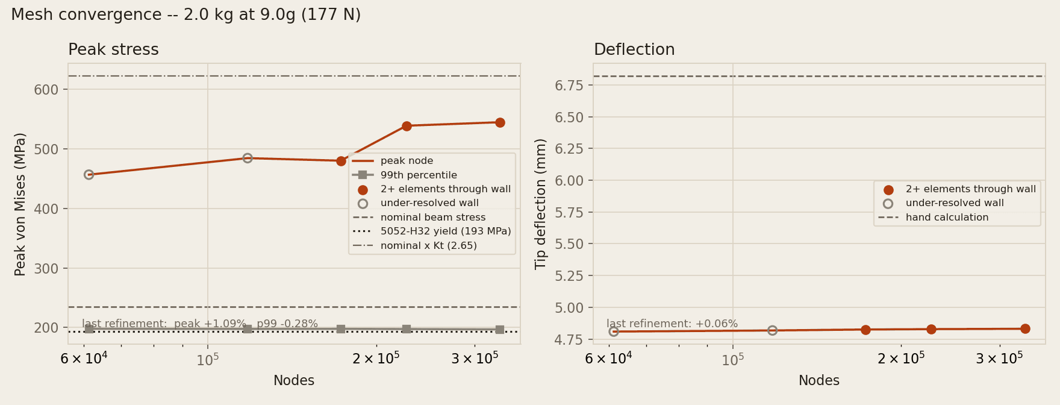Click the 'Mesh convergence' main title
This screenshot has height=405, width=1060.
tap(185, 15)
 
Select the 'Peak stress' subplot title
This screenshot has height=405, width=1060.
tap(113, 50)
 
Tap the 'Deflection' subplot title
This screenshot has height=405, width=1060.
tap(634, 50)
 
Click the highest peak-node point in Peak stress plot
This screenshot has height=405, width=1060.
tap(500, 122)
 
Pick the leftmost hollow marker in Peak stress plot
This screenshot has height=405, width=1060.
tap(89, 175)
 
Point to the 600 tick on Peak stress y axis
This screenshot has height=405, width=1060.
tap(51, 90)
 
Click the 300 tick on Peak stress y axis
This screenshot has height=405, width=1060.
tap(51, 269)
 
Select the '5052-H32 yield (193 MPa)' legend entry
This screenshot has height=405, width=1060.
tap(431, 231)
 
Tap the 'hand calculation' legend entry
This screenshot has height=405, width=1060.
tap(933, 218)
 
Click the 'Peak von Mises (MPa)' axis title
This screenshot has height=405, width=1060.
tap(20, 204)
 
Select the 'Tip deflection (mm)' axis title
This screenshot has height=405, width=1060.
tap(540, 204)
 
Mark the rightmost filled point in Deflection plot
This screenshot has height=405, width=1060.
tap(1025, 328)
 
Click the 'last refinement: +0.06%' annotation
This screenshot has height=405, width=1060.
tap(672, 324)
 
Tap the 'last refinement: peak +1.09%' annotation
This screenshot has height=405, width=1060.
tap(164, 324)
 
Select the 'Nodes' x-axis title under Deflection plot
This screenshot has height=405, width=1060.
tap(819, 381)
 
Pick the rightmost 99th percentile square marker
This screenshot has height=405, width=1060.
tap(500, 330)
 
